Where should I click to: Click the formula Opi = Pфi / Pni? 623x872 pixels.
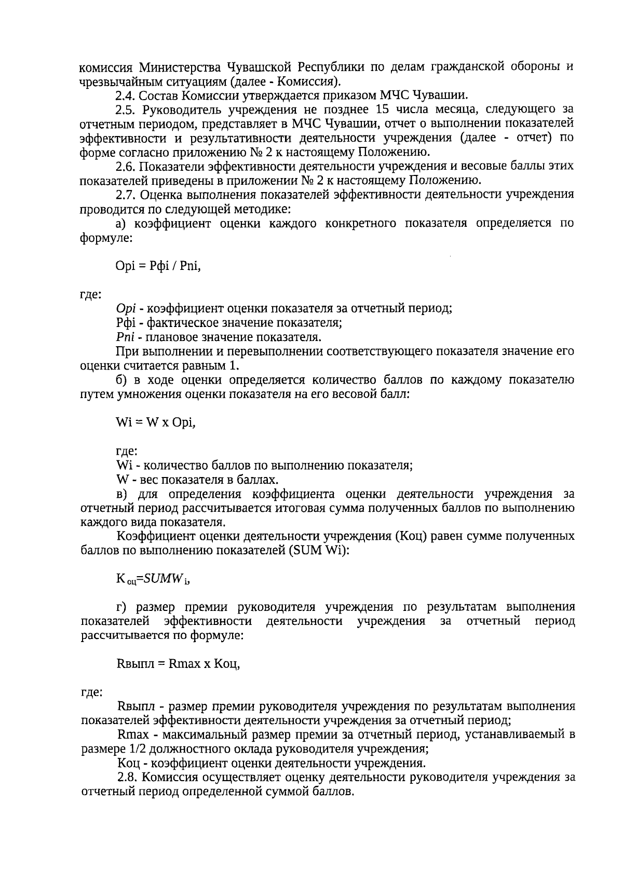click(158, 266)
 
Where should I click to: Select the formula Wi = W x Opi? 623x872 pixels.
click(156, 423)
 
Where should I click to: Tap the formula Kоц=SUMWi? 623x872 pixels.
click(153, 579)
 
